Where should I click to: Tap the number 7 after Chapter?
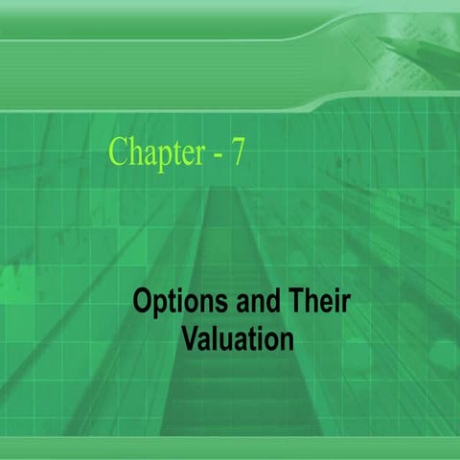pyautogui.click(x=236, y=151)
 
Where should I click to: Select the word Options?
pyautogui.click(x=172, y=306)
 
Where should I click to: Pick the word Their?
pyautogui.click(x=315, y=305)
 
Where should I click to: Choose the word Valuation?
pyautogui.click(x=238, y=338)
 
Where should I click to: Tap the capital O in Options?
pyautogui.click(x=143, y=305)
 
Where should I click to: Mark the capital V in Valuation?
pyautogui.click(x=190, y=338)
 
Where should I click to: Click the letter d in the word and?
pyautogui.click(x=260, y=305)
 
